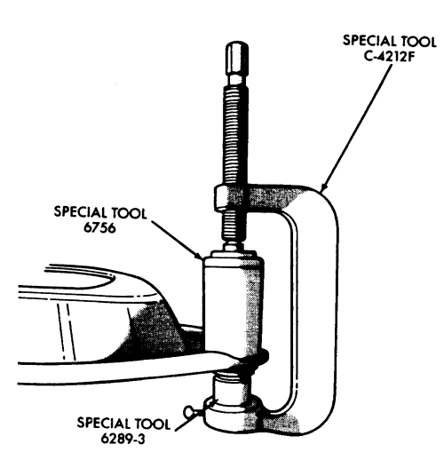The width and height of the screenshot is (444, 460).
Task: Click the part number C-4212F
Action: click(388, 56)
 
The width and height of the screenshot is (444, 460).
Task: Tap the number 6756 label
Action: click(99, 227)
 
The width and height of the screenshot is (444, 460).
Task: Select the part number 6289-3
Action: click(123, 439)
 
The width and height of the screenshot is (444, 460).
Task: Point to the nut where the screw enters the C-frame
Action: click(221, 198)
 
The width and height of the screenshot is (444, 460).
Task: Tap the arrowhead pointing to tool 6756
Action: click(198, 255)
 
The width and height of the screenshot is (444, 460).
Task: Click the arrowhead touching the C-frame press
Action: click(324, 186)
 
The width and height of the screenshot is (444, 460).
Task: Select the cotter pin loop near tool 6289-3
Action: click(189, 412)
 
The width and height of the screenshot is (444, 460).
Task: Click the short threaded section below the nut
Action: click(234, 226)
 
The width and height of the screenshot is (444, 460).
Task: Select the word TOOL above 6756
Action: click(129, 213)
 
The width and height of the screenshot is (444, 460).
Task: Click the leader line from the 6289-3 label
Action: click(190, 419)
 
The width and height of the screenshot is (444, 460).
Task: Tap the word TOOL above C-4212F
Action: click(419, 41)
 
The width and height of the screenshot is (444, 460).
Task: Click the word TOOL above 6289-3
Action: click(153, 424)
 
